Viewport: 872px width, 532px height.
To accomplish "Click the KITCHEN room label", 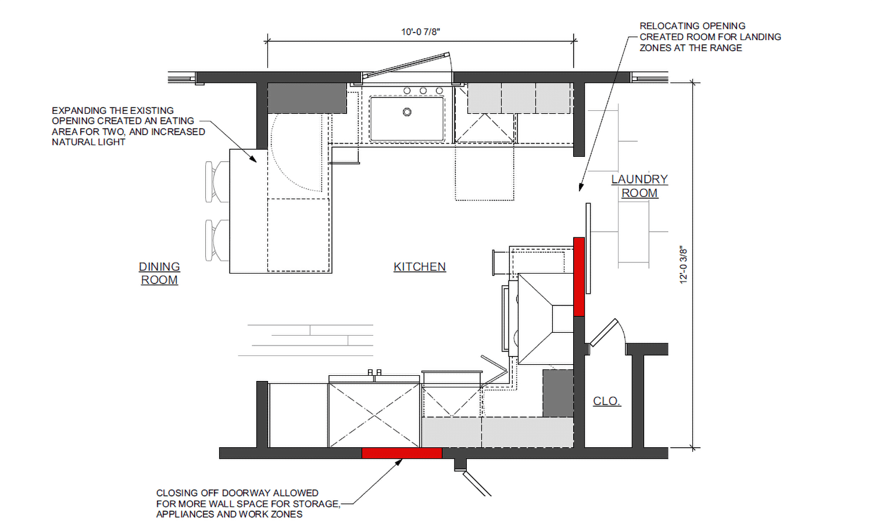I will pyautogui.click(x=419, y=267).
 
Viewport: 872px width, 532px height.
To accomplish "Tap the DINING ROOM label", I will pyautogui.click(x=159, y=273).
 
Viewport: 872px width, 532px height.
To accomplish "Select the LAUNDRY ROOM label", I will pyautogui.click(x=639, y=186).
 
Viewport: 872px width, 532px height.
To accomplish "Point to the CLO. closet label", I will pyautogui.click(x=607, y=401).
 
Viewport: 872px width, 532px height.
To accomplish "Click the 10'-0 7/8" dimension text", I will pyautogui.click(x=420, y=31).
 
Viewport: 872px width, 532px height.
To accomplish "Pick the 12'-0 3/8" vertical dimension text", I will pyautogui.click(x=684, y=265).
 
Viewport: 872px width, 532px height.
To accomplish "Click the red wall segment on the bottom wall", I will pyautogui.click(x=402, y=453).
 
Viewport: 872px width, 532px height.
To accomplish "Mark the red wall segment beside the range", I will pyautogui.click(x=579, y=276).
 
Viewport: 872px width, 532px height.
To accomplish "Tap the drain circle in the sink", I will pyautogui.click(x=407, y=112).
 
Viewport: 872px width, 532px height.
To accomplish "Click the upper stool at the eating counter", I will pyautogui.click(x=216, y=182).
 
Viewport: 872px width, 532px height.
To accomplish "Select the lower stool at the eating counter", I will pyautogui.click(x=216, y=240).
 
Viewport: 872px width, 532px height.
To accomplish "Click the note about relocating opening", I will pyautogui.click(x=710, y=37).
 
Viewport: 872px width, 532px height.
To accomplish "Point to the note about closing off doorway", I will pyautogui.click(x=248, y=503).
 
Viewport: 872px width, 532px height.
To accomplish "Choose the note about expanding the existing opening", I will pyautogui.click(x=128, y=126).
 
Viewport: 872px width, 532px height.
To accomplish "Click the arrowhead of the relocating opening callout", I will pyautogui.click(x=580, y=187).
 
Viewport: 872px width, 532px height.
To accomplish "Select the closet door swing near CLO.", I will pyautogui.click(x=607, y=333).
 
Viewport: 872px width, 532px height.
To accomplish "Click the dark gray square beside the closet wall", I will pyautogui.click(x=558, y=393).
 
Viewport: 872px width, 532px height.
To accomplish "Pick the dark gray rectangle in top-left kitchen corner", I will pyautogui.click(x=307, y=98).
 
